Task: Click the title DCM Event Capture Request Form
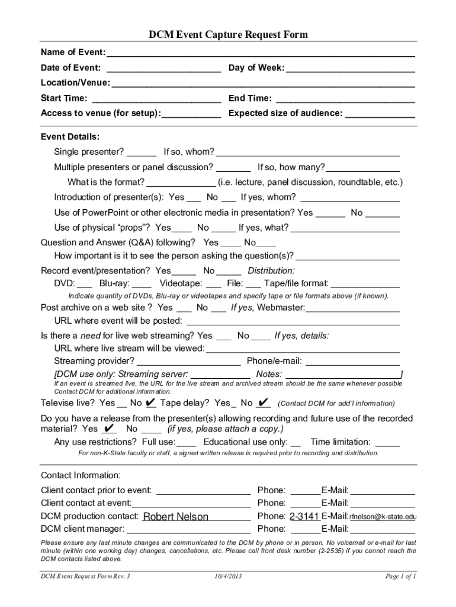pyautogui.click(x=228, y=35)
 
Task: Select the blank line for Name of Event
pyautogui.click(x=259, y=53)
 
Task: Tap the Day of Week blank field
pyautogui.click(x=350, y=69)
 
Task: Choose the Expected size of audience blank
pyautogui.click(x=380, y=114)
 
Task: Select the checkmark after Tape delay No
pyautogui.click(x=264, y=403)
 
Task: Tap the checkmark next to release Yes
pyautogui.click(x=108, y=428)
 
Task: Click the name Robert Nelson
pyautogui.click(x=176, y=517)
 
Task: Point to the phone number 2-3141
pyautogui.click(x=304, y=516)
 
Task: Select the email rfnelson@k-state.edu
pyautogui.click(x=383, y=517)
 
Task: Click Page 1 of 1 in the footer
pyautogui.click(x=401, y=576)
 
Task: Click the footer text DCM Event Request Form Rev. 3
pyautogui.click(x=85, y=576)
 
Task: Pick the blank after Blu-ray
pyautogui.click(x=142, y=284)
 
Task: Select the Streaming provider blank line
pyautogui.click(x=188, y=362)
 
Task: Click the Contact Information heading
pyautogui.click(x=81, y=475)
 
